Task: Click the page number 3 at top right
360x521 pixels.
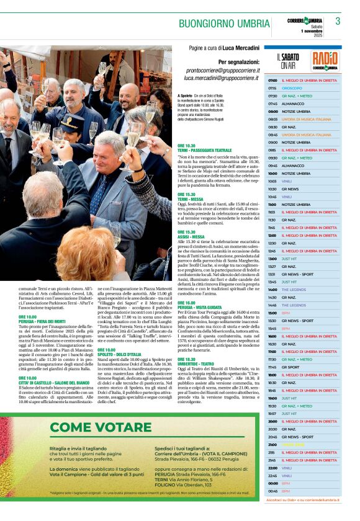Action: coord(338,22)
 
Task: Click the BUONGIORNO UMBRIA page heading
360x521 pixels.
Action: coord(224,24)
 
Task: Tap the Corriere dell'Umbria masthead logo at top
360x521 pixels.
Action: coord(304,21)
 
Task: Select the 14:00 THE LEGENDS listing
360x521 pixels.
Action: coord(294,290)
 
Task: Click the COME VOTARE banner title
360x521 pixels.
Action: coord(100,427)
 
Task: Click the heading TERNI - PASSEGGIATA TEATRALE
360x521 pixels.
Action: coord(204,150)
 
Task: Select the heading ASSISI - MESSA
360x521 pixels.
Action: coord(191,236)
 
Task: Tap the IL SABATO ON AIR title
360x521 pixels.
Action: coord(287,61)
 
